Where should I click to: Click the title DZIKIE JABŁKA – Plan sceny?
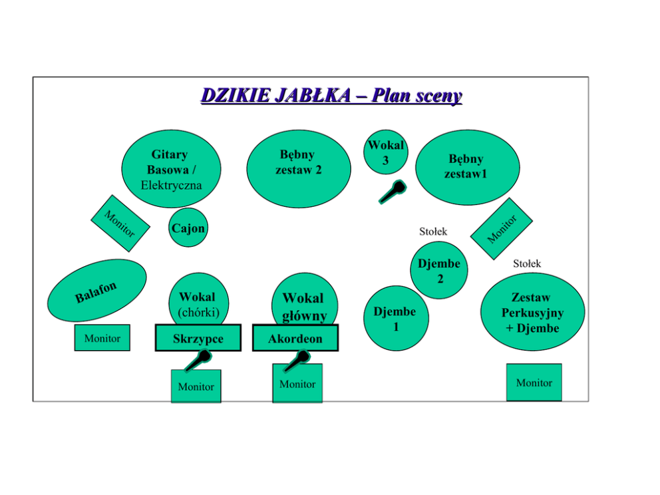click(x=331, y=96)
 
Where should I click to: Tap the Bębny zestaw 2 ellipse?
click(x=299, y=168)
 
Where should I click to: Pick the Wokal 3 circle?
click(x=385, y=152)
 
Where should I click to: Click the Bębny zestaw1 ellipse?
click(x=467, y=167)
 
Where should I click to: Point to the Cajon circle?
click(x=188, y=228)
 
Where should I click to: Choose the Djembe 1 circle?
click(x=396, y=318)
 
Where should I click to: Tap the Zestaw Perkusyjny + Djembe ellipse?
click(x=532, y=312)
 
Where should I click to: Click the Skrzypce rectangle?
click(x=198, y=339)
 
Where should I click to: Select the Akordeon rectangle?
click(x=295, y=339)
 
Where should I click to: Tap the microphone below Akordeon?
click(x=296, y=360)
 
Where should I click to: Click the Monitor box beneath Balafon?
click(x=102, y=338)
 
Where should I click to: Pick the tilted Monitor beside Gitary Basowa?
click(x=120, y=222)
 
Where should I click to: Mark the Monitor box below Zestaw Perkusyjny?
click(x=534, y=383)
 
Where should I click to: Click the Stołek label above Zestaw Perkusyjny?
click(x=527, y=264)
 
